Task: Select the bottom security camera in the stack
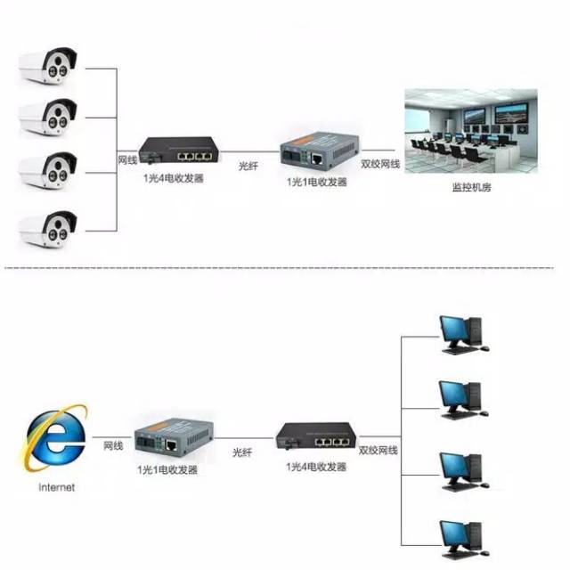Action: pyautogui.click(x=49, y=228)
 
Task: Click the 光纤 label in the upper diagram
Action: pyautogui.click(x=250, y=166)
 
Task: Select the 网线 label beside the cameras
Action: pyautogui.click(x=127, y=160)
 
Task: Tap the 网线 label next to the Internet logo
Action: pyautogui.click(x=112, y=444)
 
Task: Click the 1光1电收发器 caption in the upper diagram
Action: pyautogui.click(x=317, y=181)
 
